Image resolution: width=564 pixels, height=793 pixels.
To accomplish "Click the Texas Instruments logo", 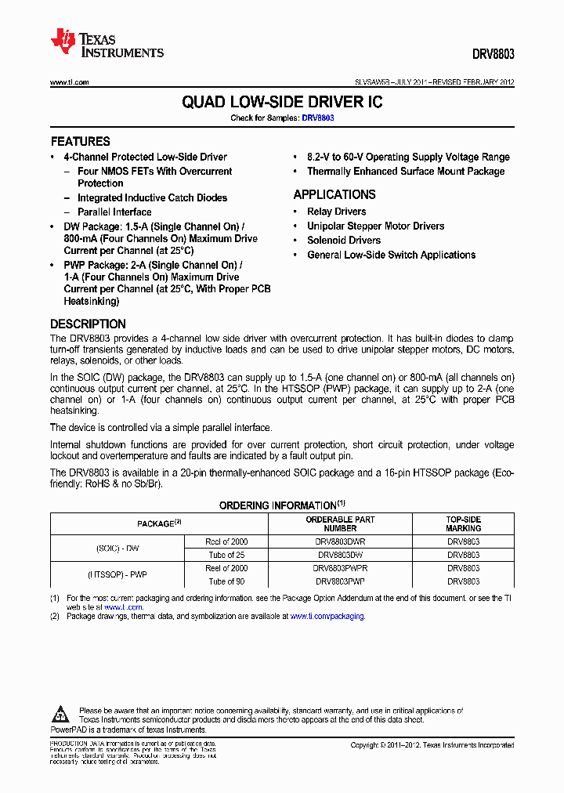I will pos(107,44).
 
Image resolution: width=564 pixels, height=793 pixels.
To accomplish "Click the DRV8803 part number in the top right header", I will pos(493,56).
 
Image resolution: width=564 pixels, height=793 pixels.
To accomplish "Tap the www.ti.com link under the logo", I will pos(70,82).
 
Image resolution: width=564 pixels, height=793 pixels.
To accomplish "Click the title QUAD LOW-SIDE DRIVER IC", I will pos(282,103).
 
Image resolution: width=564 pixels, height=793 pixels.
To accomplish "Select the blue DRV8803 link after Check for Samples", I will pos(318,118).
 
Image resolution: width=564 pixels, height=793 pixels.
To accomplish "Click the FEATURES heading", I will pos(80,142).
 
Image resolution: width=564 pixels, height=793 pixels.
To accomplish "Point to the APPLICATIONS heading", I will pos(334,194).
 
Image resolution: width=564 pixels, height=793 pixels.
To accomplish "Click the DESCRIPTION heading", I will pos(88,324).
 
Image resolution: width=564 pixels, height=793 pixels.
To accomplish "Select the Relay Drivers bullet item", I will pos(336,212).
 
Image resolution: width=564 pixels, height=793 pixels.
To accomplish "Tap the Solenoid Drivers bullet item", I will pos(344,241).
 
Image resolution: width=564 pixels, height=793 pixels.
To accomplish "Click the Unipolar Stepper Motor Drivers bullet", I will pos(375,226).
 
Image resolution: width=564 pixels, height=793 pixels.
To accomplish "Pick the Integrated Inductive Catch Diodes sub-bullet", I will pos(152,197).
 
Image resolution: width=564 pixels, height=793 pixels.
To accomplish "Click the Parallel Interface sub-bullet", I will pos(114,212).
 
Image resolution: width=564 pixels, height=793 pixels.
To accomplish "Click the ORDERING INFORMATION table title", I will pos(277,505).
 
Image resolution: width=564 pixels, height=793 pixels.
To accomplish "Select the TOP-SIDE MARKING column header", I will pos(464,523).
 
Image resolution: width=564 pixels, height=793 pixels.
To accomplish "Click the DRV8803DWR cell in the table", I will pos(339,541).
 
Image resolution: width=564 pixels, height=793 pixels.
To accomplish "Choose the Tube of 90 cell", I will pos(226,581).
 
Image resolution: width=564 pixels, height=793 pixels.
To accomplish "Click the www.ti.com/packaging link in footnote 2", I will pos(327,617).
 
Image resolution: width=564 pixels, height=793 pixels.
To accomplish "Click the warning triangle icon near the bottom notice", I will pos(60,714).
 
